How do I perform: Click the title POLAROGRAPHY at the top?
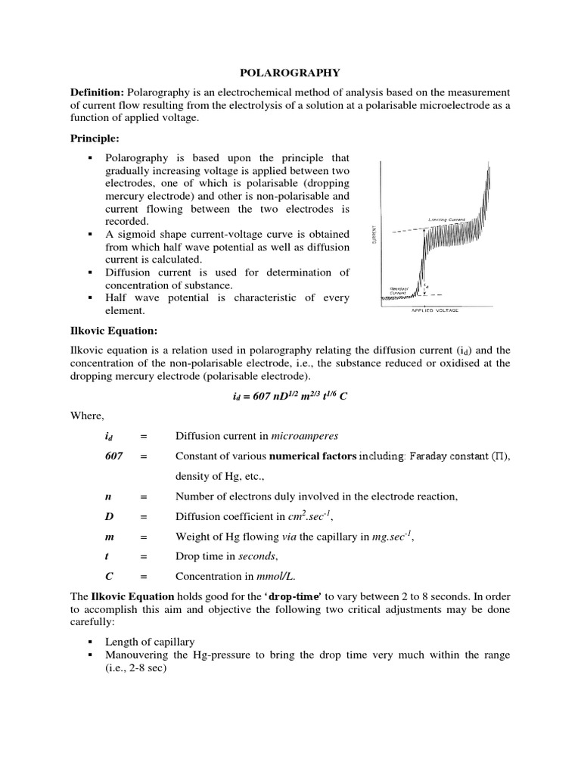coord(290,73)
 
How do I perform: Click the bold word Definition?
coord(98,92)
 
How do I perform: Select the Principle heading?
coord(95,139)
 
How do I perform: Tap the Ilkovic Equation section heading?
coord(113,330)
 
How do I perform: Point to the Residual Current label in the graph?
coord(396,291)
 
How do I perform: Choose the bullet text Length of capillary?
coord(151,641)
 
